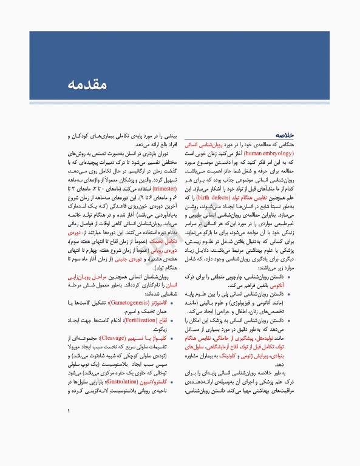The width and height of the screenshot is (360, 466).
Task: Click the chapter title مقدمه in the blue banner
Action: coord(90,84)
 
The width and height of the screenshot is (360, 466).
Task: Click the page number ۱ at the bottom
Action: coord(69,428)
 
